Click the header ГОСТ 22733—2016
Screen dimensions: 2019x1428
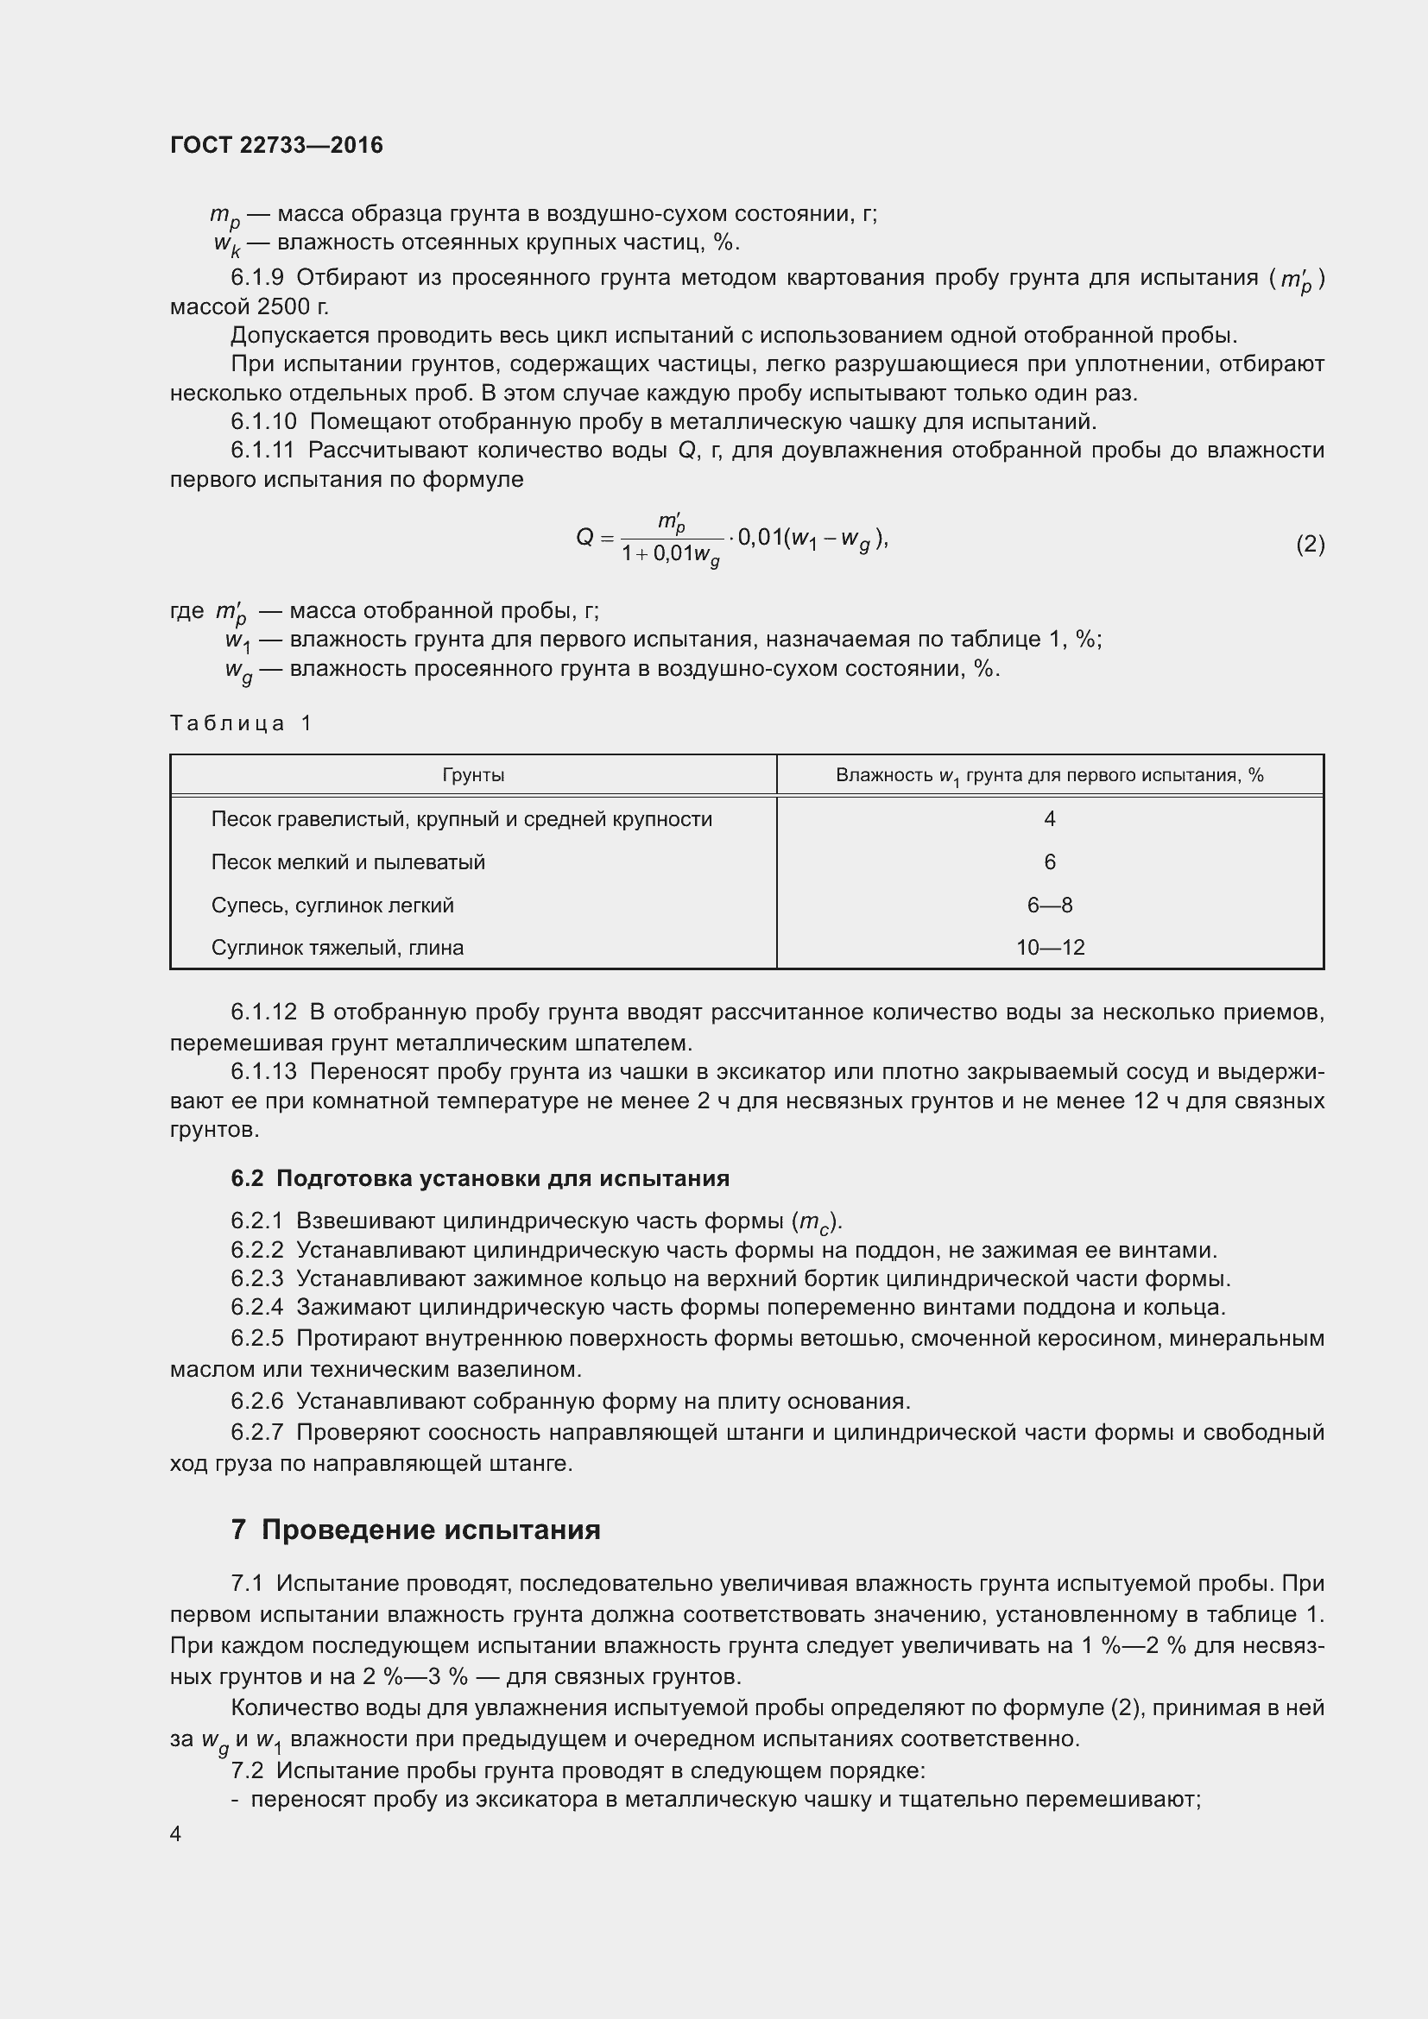[276, 145]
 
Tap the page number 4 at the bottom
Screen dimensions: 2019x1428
[176, 1833]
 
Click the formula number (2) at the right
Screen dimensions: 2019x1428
[1310, 545]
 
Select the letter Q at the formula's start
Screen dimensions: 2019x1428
[584, 536]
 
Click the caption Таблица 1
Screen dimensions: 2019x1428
[240, 722]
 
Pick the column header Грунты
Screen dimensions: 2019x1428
[473, 774]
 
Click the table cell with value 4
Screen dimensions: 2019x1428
[1049, 818]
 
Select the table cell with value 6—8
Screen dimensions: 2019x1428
[1049, 905]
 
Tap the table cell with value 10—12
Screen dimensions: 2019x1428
[1050, 947]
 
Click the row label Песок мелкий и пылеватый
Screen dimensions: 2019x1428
[348, 861]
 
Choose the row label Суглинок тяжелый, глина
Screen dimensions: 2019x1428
[338, 947]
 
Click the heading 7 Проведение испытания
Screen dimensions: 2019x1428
[416, 1530]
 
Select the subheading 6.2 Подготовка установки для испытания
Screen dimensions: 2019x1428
[480, 1178]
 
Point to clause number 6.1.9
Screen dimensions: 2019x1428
[256, 278]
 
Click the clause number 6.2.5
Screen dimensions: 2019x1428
[256, 1339]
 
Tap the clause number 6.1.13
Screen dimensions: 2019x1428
[264, 1071]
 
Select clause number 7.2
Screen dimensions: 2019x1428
[247, 1770]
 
